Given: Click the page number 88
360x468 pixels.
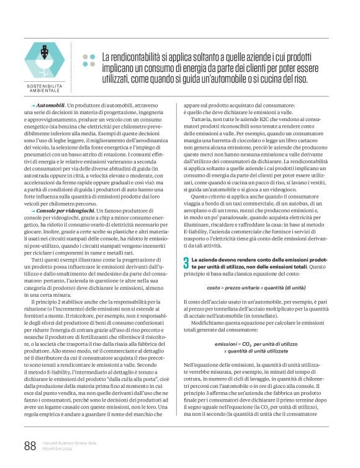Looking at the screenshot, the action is pos(30,445).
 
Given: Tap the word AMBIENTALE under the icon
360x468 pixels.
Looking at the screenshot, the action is pos(48,90).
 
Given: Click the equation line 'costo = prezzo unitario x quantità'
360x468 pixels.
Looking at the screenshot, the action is pos(256,288).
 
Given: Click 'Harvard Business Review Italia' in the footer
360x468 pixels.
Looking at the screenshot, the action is pos(68,441).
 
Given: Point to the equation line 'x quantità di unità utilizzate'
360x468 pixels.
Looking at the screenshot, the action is pos(256,351).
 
